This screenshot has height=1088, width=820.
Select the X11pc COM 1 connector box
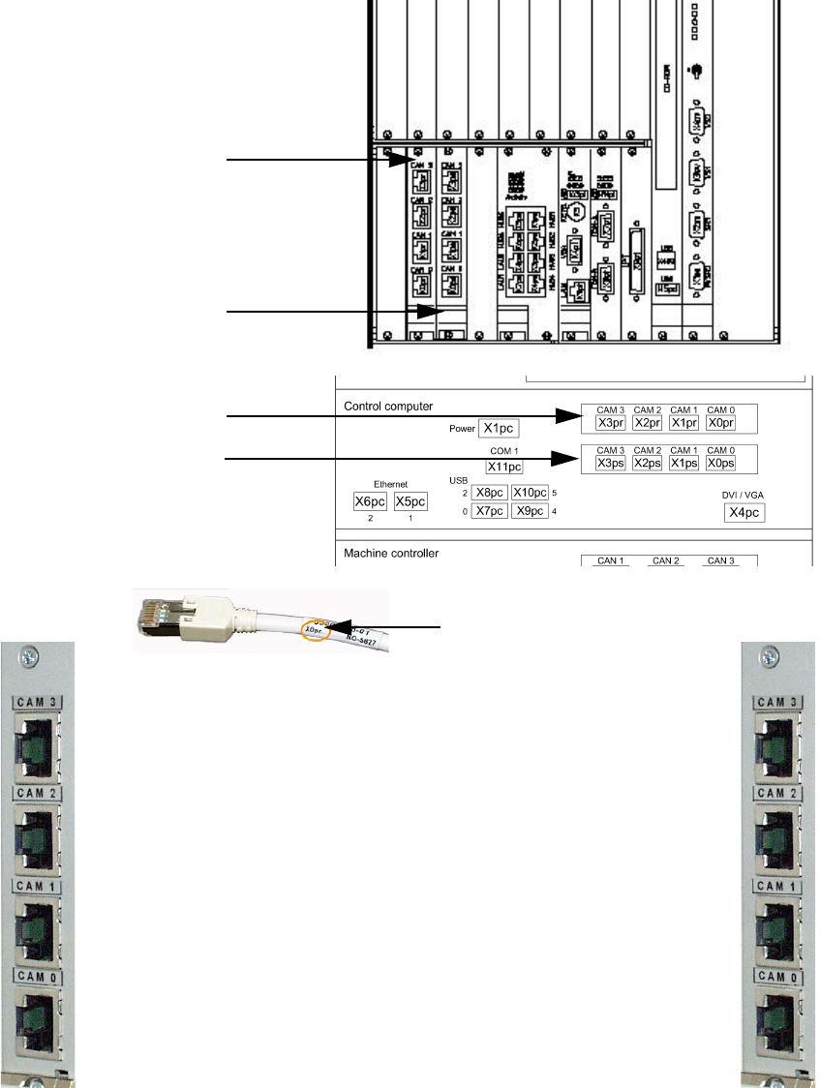tap(504, 467)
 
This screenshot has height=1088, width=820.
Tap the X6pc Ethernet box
tap(370, 501)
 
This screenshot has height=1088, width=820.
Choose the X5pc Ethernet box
tap(410, 501)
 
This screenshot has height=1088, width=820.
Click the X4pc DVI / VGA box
tap(744, 512)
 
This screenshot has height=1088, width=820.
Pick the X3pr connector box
tap(610, 423)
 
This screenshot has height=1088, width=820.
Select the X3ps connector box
tap(610, 464)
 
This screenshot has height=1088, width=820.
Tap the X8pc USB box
tap(490, 493)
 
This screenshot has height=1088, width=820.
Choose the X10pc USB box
tap(530, 493)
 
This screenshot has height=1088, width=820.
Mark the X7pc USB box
tap(490, 511)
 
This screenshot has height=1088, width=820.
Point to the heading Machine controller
tap(392, 554)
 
